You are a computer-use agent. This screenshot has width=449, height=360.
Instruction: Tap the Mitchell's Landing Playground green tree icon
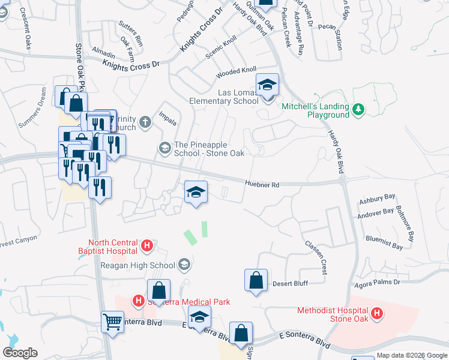[358, 109]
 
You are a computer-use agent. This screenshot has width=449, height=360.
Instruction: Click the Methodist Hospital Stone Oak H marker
[377, 313]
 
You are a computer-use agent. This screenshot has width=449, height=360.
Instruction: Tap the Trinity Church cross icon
[145, 123]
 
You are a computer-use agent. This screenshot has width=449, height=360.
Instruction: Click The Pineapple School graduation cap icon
[164, 147]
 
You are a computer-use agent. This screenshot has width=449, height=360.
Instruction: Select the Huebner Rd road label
[262, 185]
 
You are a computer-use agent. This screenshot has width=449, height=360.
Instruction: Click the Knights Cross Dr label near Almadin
[131, 65]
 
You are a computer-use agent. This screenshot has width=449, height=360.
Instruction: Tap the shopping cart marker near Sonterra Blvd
[112, 322]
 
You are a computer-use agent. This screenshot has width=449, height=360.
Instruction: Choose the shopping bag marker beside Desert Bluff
[256, 280]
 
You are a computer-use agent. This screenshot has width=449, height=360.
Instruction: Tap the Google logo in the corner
[20, 353]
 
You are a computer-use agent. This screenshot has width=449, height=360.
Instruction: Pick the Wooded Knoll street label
[236, 73]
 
